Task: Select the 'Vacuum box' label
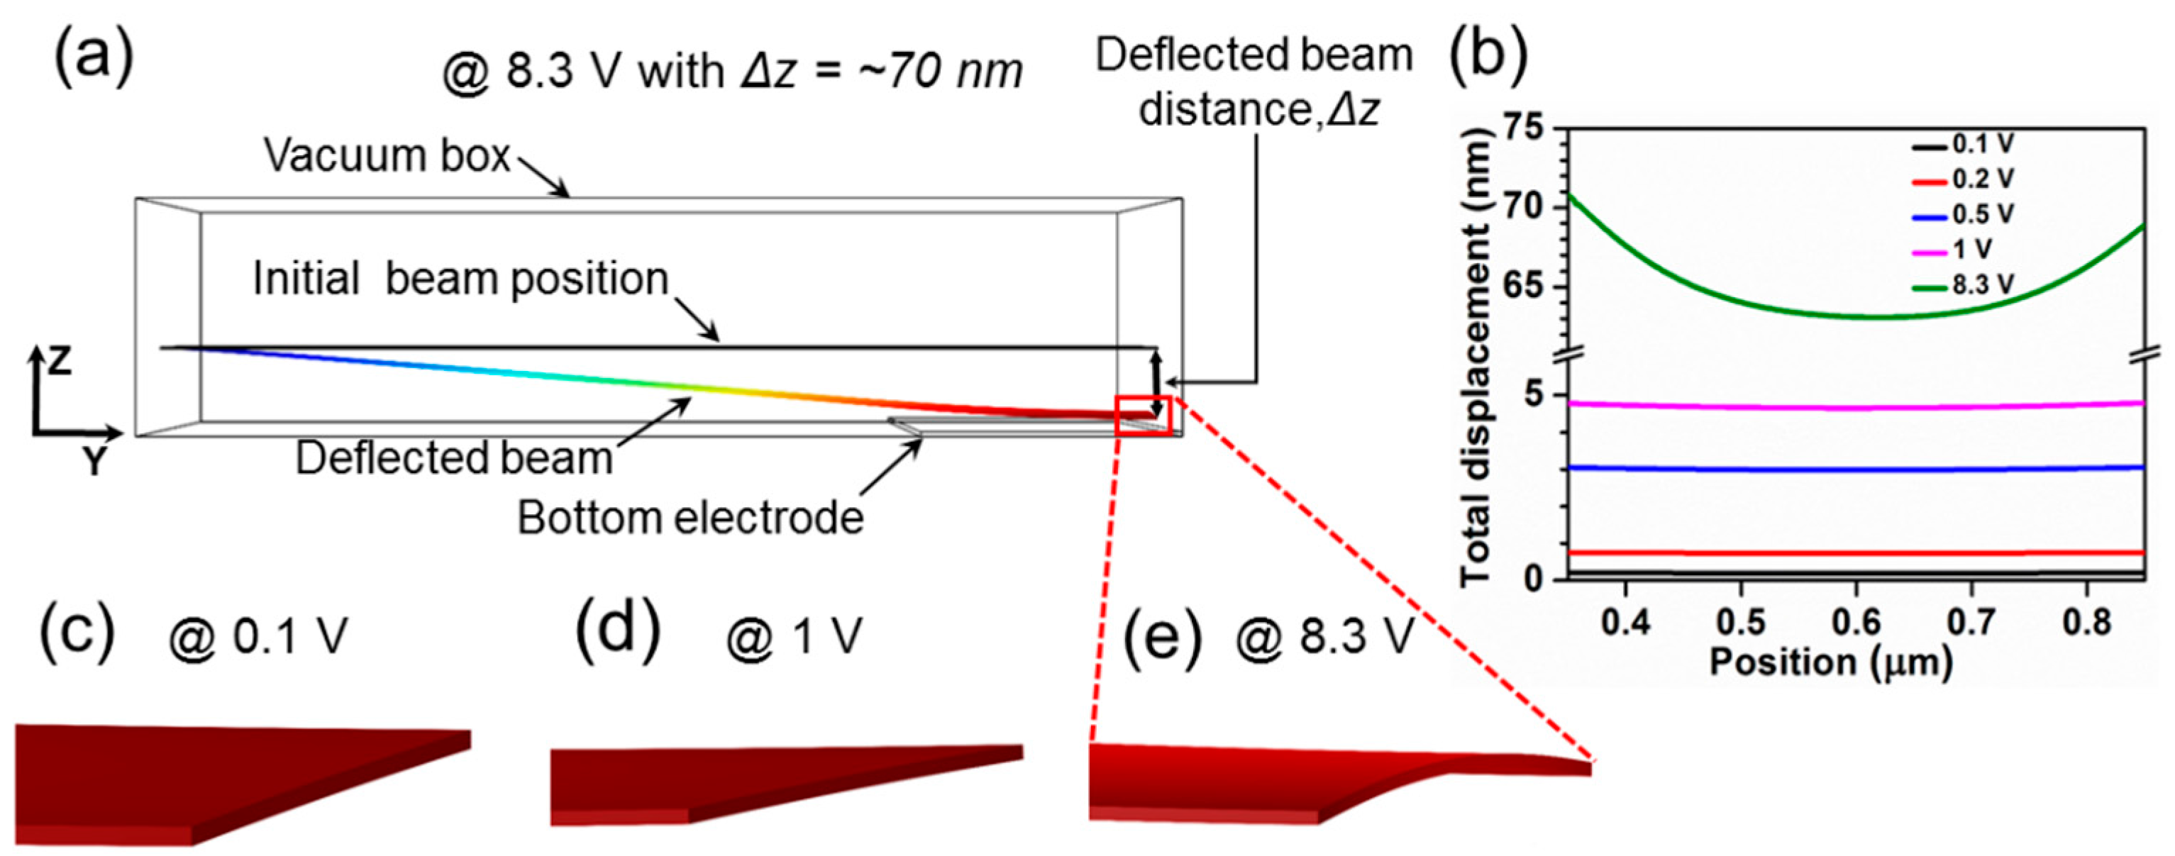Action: (x=387, y=155)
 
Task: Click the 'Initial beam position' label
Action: (x=461, y=279)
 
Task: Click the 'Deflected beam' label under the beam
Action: (x=453, y=458)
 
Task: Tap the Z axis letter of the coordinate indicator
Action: (x=59, y=361)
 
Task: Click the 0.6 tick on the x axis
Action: (x=1856, y=622)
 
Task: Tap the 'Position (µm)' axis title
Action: (x=1830, y=662)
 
